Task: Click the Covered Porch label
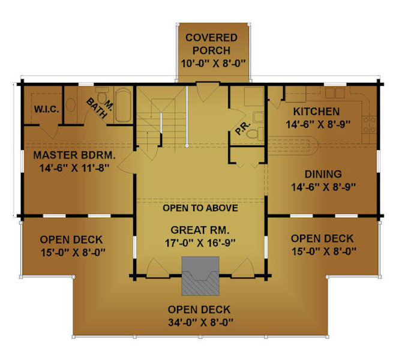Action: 211,44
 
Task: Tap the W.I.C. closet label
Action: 47,109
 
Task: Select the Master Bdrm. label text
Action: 74,155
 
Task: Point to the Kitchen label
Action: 316,112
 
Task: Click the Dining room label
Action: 323,174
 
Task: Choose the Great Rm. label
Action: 200,230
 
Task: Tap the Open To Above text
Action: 200,208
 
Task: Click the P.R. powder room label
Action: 243,128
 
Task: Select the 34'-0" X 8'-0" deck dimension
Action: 200,323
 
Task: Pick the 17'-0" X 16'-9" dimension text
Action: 200,243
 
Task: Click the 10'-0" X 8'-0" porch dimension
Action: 213,64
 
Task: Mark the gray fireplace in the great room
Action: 200,276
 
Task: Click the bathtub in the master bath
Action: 123,105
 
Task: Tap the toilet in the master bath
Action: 103,95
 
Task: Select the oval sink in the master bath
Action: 71,105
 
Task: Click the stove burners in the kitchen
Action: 369,125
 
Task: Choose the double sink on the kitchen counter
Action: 335,93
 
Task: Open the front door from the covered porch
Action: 207,92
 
